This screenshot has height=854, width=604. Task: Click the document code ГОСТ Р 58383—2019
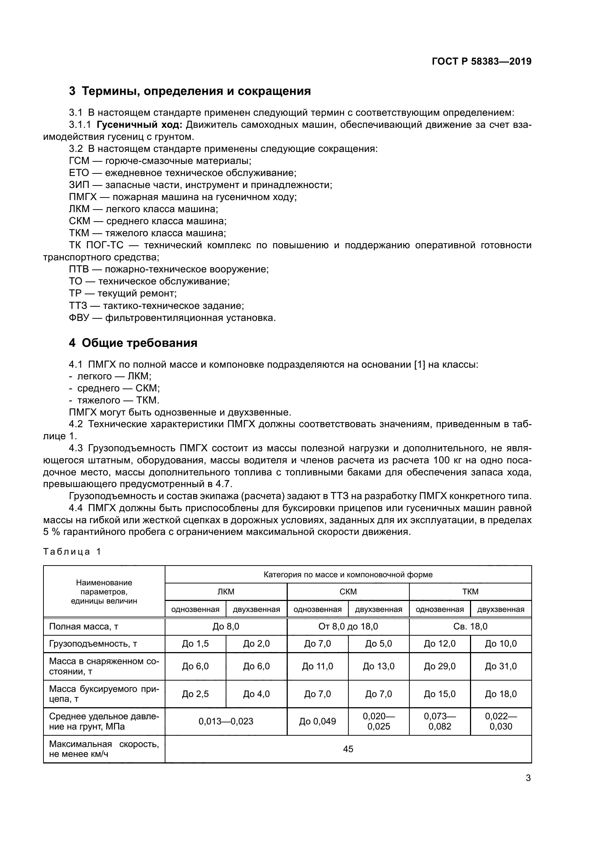click(x=482, y=61)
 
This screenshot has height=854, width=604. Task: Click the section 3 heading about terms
click(x=190, y=91)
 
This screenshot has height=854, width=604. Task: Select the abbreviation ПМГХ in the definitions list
click(x=83, y=197)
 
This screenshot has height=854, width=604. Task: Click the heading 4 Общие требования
click(x=133, y=342)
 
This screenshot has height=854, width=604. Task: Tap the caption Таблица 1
click(x=72, y=551)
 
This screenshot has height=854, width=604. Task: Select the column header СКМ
click(x=348, y=591)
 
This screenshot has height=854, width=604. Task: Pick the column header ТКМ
click(x=470, y=591)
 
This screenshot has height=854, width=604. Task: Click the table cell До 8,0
click(x=226, y=627)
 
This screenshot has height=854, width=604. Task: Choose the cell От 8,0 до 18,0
click(x=348, y=627)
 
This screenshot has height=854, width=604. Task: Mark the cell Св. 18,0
click(x=470, y=627)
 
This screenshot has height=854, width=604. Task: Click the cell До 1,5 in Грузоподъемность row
click(x=195, y=643)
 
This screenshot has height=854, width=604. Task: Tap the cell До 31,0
click(x=501, y=666)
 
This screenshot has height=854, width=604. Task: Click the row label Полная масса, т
click(x=84, y=627)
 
